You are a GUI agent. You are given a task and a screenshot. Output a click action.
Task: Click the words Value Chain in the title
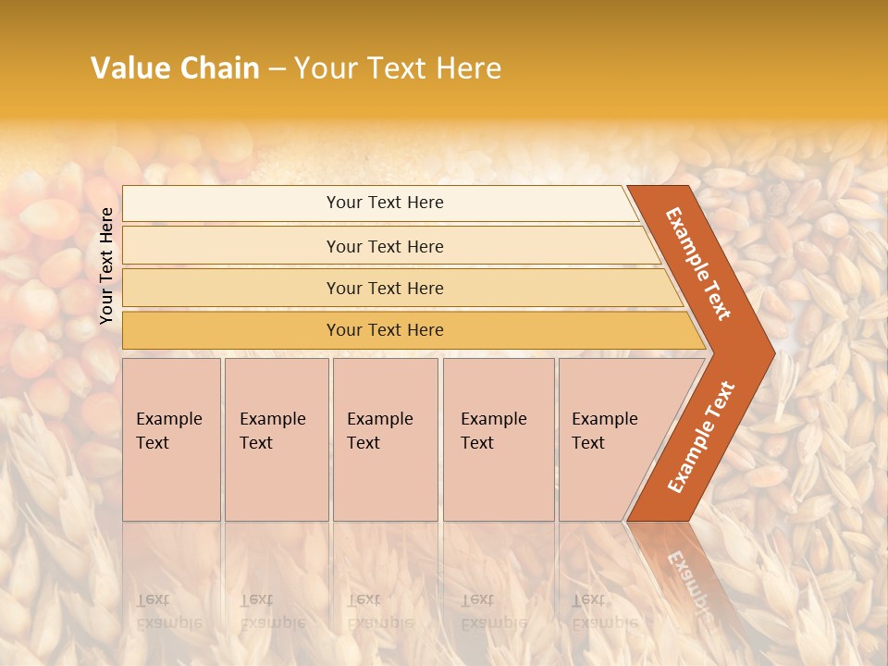pyautogui.click(x=175, y=68)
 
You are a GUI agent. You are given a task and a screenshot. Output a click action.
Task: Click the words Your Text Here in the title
pyautogui.click(x=398, y=68)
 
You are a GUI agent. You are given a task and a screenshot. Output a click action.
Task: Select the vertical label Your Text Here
pyautogui.click(x=106, y=265)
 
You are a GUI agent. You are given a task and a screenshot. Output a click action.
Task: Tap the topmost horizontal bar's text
pyautogui.click(x=385, y=203)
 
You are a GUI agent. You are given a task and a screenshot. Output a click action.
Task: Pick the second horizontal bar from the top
pyautogui.click(x=385, y=246)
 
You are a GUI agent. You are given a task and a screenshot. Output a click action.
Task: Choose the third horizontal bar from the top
pyautogui.click(x=385, y=289)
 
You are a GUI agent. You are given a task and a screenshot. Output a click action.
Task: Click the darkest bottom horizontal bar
pyautogui.click(x=385, y=330)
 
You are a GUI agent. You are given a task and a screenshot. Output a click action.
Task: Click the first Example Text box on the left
pyautogui.click(x=171, y=439)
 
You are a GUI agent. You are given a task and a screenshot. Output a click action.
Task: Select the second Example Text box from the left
pyautogui.click(x=276, y=439)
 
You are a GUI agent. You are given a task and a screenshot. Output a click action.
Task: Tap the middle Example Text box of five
pyautogui.click(x=384, y=439)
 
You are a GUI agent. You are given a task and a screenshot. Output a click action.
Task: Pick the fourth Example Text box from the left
pyautogui.click(x=498, y=439)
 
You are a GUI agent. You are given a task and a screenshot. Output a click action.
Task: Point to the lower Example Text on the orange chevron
pyautogui.click(x=701, y=437)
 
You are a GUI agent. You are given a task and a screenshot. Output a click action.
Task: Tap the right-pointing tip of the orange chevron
pyautogui.click(x=770, y=352)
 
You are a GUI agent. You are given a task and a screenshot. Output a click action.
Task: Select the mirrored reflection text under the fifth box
pyautogui.click(x=603, y=611)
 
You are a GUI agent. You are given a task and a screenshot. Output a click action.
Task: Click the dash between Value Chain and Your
pyautogui.click(x=277, y=69)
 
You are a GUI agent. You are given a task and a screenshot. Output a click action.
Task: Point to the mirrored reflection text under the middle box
pyautogui.click(x=379, y=611)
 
